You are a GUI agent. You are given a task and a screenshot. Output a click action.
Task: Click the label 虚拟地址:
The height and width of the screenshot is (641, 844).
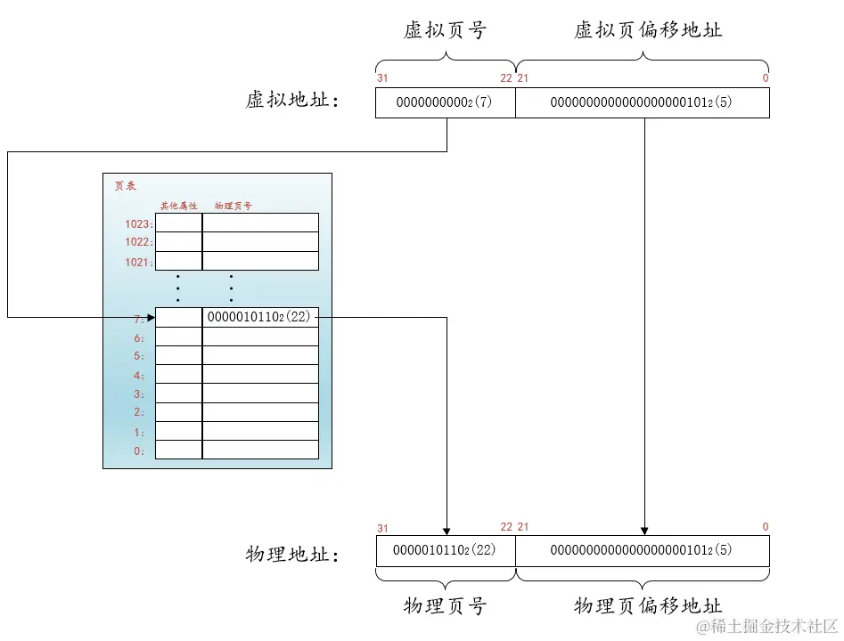[x=292, y=100]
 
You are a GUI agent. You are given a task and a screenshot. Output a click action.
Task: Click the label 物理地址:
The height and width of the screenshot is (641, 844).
[x=292, y=555]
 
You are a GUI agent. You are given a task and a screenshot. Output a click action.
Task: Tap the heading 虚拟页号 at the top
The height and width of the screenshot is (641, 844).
[x=445, y=30]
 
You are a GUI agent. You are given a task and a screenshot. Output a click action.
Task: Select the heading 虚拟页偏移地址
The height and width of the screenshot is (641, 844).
[x=647, y=30]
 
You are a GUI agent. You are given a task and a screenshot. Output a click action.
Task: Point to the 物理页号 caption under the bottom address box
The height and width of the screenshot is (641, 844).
[x=445, y=606]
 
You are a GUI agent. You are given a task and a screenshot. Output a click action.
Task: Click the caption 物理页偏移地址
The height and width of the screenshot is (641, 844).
[x=647, y=606]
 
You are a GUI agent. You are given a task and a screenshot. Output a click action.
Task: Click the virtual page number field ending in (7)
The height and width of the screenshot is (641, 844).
[x=445, y=102]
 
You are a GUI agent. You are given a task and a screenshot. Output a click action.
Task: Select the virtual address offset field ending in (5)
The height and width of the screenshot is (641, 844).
[x=642, y=102]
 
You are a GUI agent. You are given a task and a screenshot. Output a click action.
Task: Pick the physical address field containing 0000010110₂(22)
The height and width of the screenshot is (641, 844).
[x=445, y=551]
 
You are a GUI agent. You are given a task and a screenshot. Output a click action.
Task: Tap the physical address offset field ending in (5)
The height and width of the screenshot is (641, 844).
[x=642, y=551]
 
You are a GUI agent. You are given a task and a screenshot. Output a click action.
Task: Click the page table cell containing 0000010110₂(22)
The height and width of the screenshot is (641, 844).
[x=259, y=317]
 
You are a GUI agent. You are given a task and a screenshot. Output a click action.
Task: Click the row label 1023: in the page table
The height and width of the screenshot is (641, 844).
[x=139, y=223]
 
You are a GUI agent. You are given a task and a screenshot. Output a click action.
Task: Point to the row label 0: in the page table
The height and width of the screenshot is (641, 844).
[x=139, y=450]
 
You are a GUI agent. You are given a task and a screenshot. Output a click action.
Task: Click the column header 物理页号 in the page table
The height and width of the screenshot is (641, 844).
[x=233, y=206]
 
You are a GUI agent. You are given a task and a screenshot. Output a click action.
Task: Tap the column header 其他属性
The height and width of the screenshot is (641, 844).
[x=178, y=206]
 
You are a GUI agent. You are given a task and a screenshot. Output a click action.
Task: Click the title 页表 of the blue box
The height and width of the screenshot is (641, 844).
[x=124, y=186]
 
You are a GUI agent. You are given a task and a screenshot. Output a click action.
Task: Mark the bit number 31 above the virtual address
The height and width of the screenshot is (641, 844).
[x=382, y=78]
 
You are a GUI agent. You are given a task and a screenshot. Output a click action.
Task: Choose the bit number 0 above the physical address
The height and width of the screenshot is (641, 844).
[x=765, y=527]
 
